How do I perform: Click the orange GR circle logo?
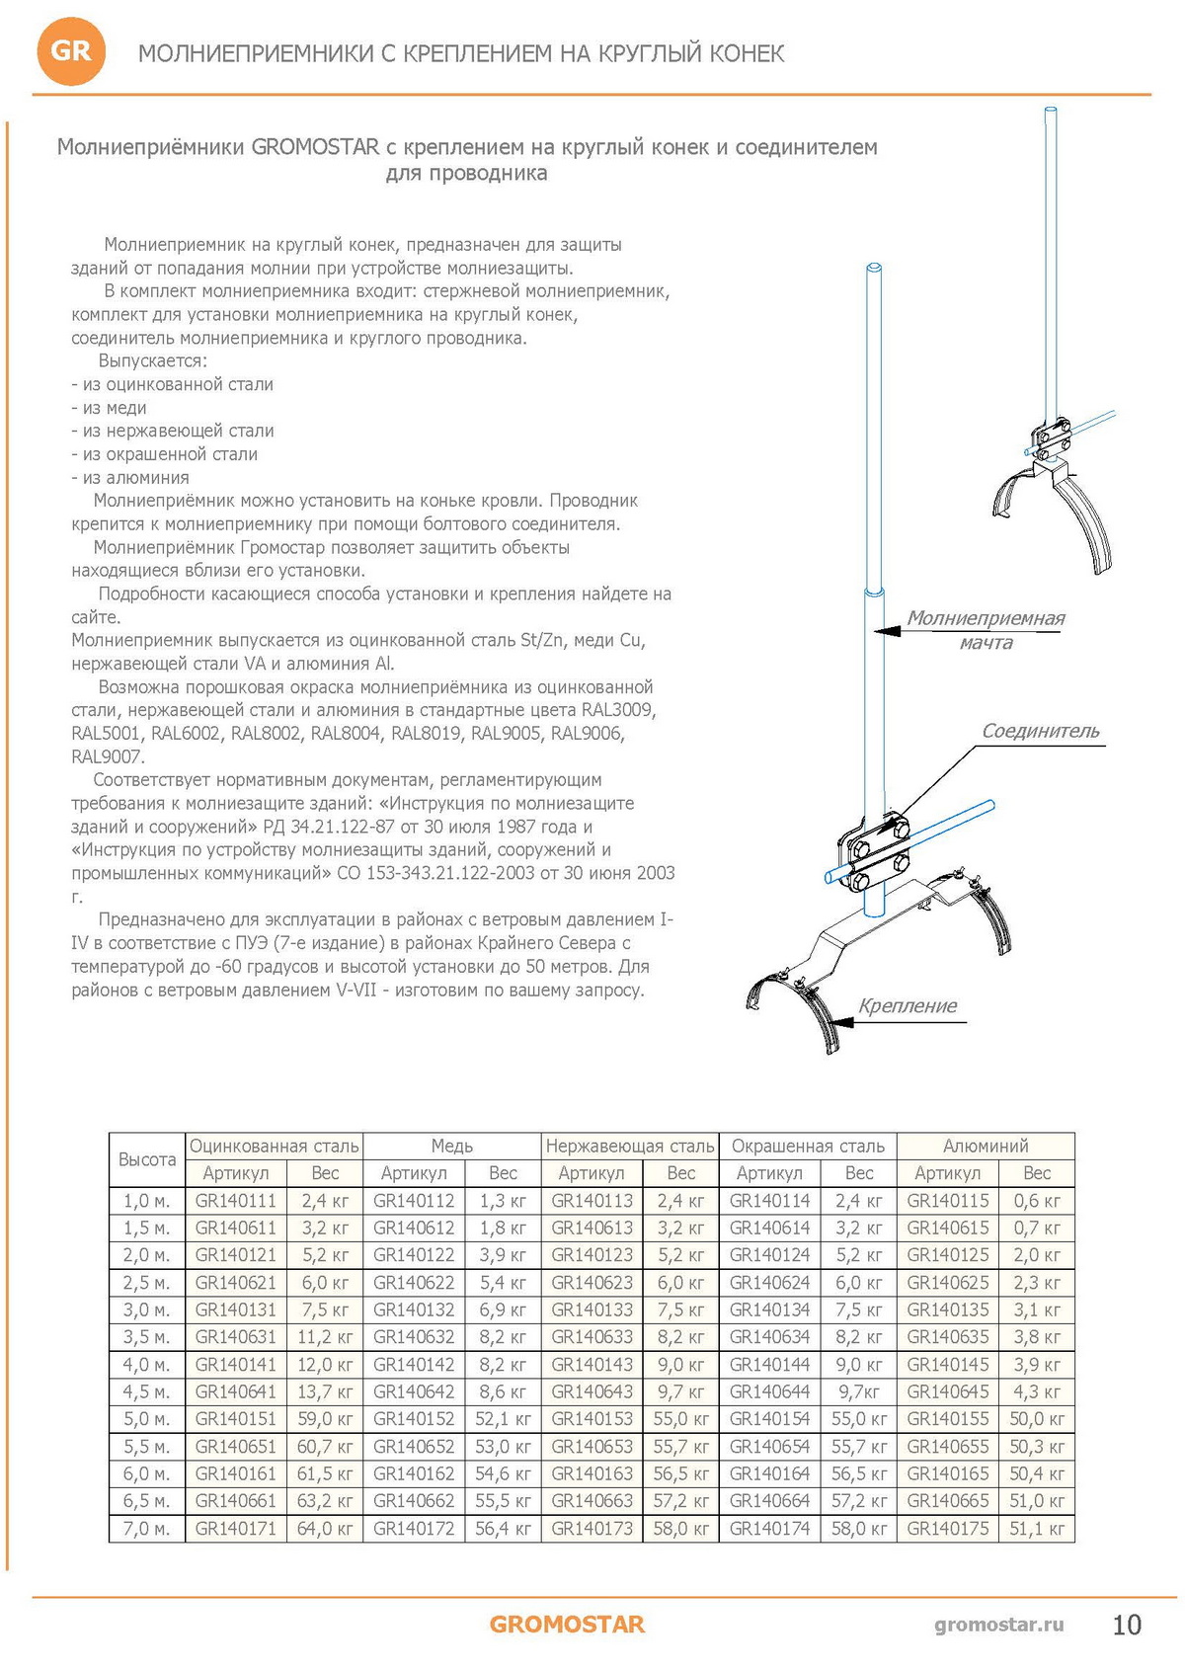(70, 51)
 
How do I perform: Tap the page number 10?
(1126, 1625)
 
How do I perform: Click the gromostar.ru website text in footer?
(998, 1625)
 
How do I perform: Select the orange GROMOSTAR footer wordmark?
(567, 1625)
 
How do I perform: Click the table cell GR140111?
(236, 1201)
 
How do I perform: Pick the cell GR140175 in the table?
(947, 1528)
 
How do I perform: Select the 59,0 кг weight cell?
(325, 1419)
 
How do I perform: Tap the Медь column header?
(451, 1146)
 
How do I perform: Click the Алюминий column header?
(986, 1146)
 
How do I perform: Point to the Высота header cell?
(147, 1159)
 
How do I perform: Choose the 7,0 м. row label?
(147, 1528)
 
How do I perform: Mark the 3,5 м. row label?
(147, 1337)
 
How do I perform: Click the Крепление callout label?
(908, 1005)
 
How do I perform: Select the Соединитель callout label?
(1040, 731)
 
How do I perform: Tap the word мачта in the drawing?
(986, 643)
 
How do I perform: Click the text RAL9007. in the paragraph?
(108, 756)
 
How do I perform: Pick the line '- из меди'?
(109, 408)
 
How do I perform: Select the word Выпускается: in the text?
(153, 361)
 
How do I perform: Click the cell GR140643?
(592, 1391)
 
